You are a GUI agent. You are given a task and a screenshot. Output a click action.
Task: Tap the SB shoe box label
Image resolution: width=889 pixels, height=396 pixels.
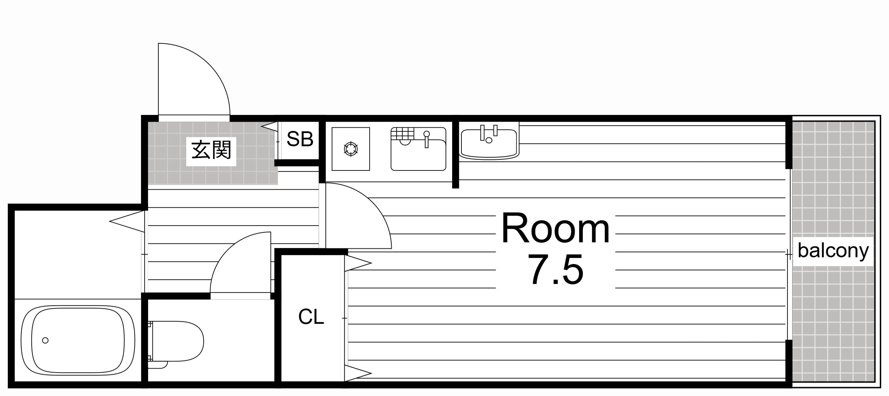300,139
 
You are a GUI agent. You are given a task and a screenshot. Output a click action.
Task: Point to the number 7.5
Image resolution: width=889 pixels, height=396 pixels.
555,270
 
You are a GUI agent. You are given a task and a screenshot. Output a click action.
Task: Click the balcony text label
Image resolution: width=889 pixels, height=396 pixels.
833,251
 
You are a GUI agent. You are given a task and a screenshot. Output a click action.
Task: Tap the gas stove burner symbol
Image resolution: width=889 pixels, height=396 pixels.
351,149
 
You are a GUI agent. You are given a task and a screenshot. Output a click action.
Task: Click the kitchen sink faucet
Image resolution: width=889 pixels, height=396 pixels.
427,139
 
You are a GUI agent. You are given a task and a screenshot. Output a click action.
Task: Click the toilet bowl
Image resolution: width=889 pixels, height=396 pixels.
182,341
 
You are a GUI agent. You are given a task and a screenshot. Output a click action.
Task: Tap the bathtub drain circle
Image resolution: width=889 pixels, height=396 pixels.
45,340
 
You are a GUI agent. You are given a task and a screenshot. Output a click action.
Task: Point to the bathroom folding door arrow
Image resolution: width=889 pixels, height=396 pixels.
126,221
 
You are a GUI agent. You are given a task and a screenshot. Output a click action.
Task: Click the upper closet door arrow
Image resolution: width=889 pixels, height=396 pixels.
358,263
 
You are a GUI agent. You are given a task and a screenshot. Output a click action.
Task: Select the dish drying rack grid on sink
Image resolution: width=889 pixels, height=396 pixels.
402,134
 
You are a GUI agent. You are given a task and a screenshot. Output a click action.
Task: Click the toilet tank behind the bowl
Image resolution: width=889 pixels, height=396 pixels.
150,341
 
